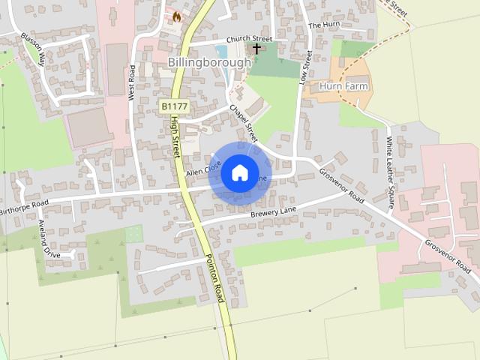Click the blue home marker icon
click(x=239, y=172)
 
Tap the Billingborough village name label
click(x=209, y=62)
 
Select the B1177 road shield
click(x=174, y=108)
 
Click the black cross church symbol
click(x=256, y=49)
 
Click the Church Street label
click(x=249, y=38)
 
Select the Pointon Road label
click(x=215, y=278)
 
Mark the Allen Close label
click(x=202, y=171)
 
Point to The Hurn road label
click(x=325, y=25)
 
